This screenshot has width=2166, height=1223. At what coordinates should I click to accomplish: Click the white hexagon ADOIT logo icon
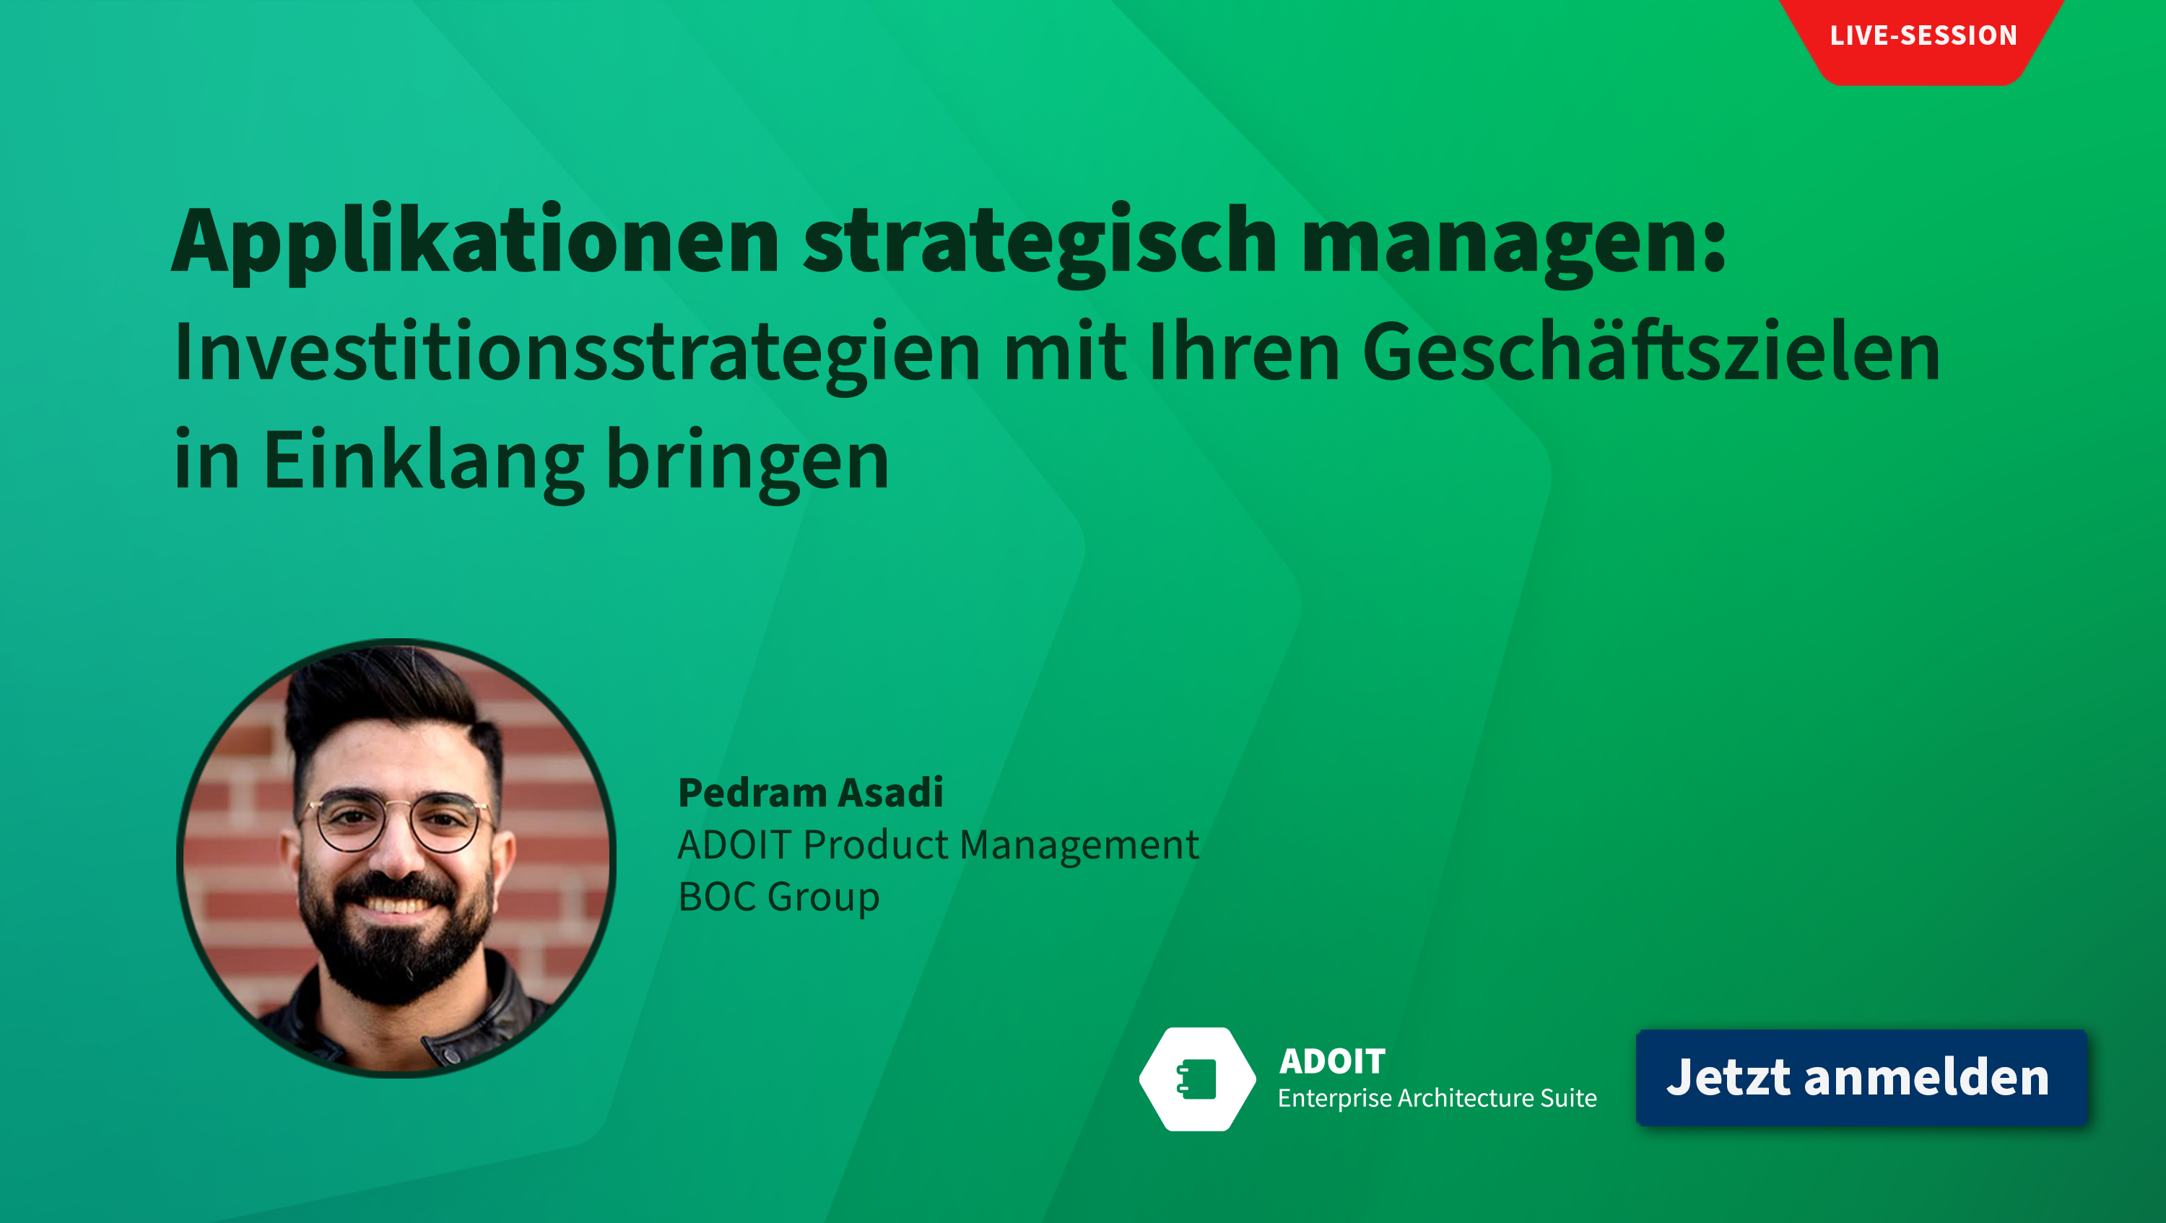coord(1197,1079)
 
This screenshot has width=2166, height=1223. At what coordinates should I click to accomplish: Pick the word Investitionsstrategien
coord(577,354)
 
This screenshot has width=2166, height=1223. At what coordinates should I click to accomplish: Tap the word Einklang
coord(423,461)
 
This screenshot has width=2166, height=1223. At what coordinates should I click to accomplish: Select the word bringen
coord(747,461)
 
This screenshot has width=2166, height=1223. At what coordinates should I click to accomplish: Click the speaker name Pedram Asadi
coord(811,793)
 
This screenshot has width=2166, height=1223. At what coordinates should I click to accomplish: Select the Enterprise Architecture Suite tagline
coord(1437,1099)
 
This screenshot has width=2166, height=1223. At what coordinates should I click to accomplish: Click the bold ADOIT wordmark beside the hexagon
coord(1332,1061)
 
